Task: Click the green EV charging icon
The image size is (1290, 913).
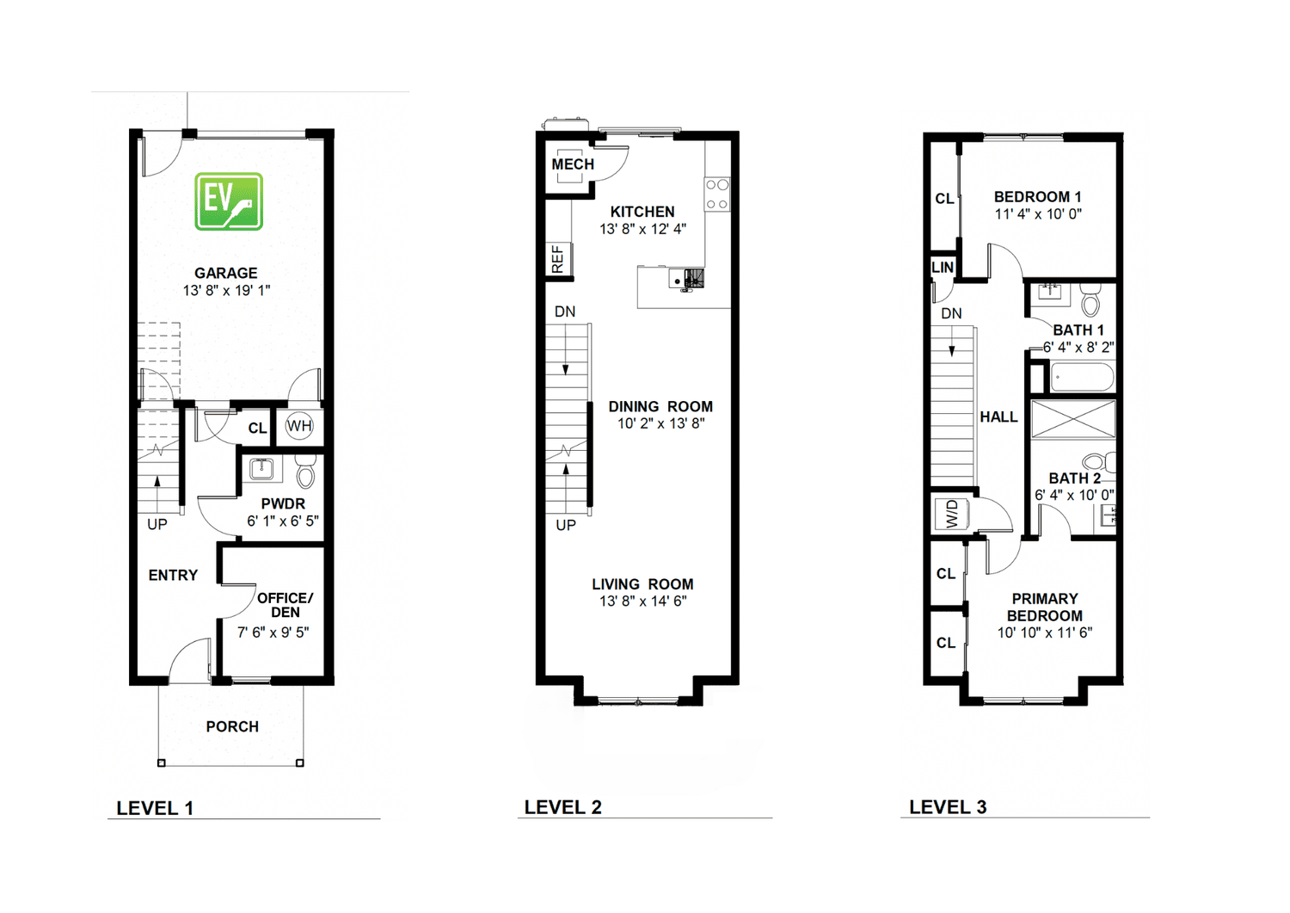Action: point(229,201)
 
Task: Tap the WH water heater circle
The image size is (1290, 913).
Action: point(298,426)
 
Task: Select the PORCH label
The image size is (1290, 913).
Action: point(232,726)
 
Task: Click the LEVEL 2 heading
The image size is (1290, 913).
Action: point(562,807)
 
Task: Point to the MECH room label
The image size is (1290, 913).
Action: point(572,164)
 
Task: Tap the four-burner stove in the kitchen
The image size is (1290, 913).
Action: point(716,194)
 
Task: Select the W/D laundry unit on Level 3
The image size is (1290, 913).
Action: point(952,515)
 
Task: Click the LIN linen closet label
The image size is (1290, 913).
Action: point(942,268)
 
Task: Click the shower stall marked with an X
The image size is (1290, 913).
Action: point(1073,419)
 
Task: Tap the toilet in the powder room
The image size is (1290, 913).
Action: point(305,471)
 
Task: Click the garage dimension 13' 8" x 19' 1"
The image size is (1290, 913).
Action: point(226,291)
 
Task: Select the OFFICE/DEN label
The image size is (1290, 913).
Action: point(285,605)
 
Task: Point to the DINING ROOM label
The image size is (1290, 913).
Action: point(660,406)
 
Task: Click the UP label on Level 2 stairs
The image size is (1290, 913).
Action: point(565,525)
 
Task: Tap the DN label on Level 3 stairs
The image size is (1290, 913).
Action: point(951,313)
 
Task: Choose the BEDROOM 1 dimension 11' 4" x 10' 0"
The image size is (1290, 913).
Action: point(1038,214)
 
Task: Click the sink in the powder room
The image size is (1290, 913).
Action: point(261,469)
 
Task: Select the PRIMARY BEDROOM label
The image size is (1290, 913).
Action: point(1044,607)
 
